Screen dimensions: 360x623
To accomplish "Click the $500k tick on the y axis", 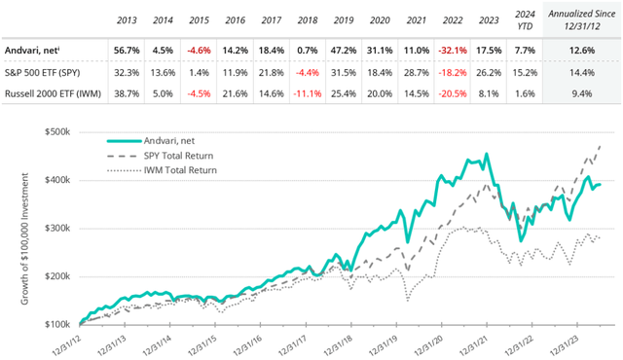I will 60,132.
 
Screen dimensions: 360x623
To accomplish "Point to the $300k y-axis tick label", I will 60,228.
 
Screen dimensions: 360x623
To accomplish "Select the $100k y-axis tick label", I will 60,323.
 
